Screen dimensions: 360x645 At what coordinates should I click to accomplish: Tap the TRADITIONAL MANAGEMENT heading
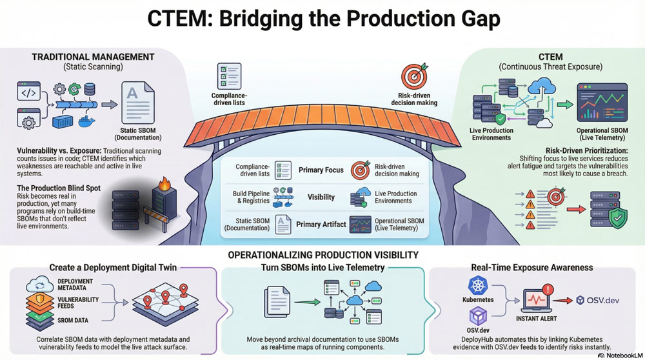pos(93,57)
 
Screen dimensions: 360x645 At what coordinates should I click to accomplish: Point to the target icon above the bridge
pos(414,76)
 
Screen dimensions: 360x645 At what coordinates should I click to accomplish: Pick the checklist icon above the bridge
pos(230,76)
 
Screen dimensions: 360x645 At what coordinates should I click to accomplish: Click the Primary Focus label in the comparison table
pos(321,171)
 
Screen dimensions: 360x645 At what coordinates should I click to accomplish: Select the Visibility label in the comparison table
pos(321,197)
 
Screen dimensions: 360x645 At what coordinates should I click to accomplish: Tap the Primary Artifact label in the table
pos(321,225)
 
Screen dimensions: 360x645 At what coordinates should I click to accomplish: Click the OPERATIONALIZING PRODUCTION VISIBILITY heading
pos(323,255)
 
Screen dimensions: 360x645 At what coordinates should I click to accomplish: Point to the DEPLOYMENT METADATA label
pos(75,285)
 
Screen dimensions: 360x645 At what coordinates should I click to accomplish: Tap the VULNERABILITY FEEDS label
pos(78,303)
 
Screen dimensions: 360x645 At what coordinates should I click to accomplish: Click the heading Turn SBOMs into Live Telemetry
pos(322,267)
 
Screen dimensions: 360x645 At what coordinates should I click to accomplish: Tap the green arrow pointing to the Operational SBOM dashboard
pos(565,105)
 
